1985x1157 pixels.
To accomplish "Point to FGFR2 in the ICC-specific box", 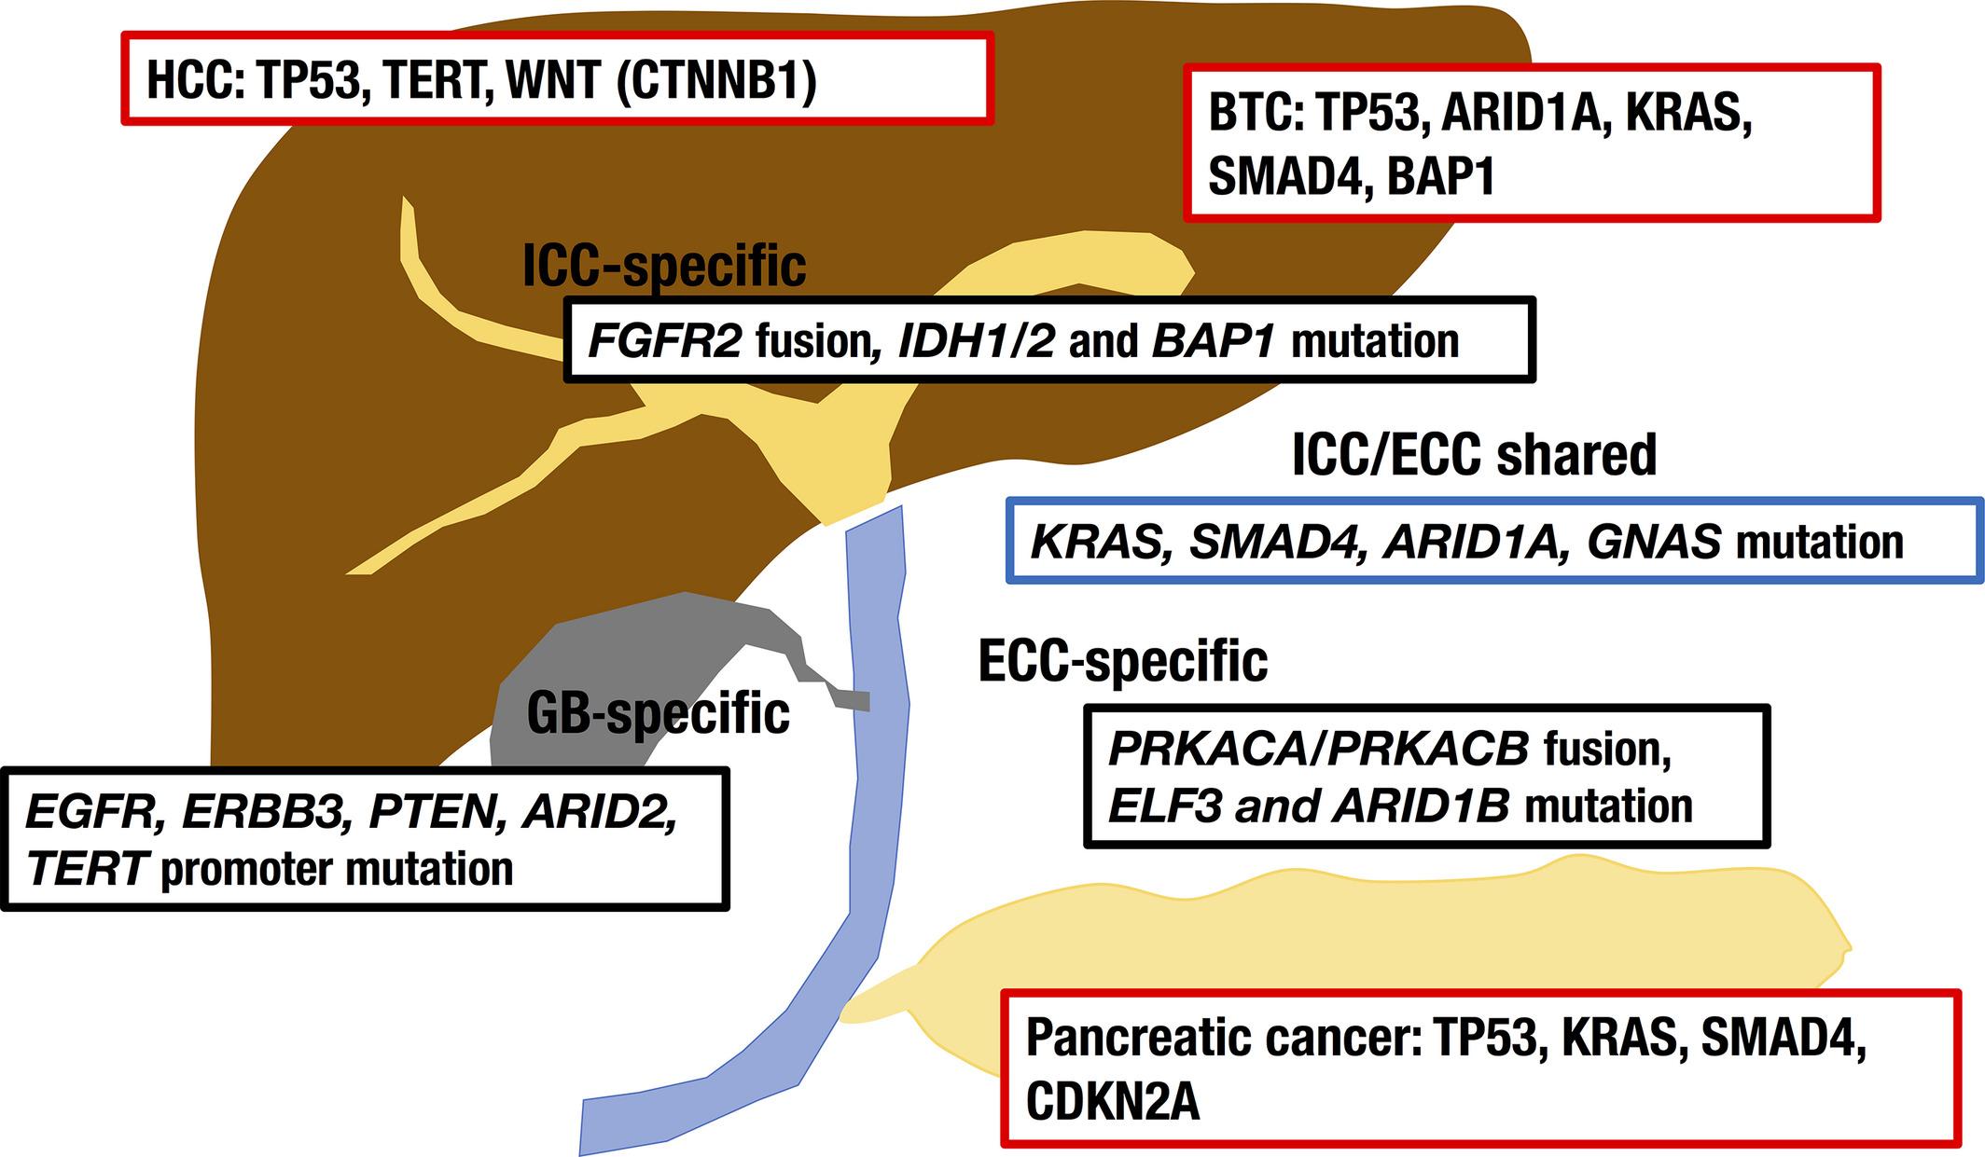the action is click(x=665, y=341).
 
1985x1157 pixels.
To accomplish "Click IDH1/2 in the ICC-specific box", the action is click(x=977, y=341).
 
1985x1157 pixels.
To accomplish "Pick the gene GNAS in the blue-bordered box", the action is click(x=1654, y=543).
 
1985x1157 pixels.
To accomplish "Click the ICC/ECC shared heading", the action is click(x=1474, y=455).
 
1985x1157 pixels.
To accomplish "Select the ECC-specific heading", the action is click(x=1123, y=661).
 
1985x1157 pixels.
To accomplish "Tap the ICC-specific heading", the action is click(x=664, y=267).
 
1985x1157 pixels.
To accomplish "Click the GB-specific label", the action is click(x=658, y=714).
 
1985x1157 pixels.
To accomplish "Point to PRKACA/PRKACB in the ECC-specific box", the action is click(x=1319, y=749).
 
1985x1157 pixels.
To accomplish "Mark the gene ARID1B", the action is click(x=1421, y=806).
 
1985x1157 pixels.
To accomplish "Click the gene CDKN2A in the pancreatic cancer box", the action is click(x=1113, y=1102).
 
